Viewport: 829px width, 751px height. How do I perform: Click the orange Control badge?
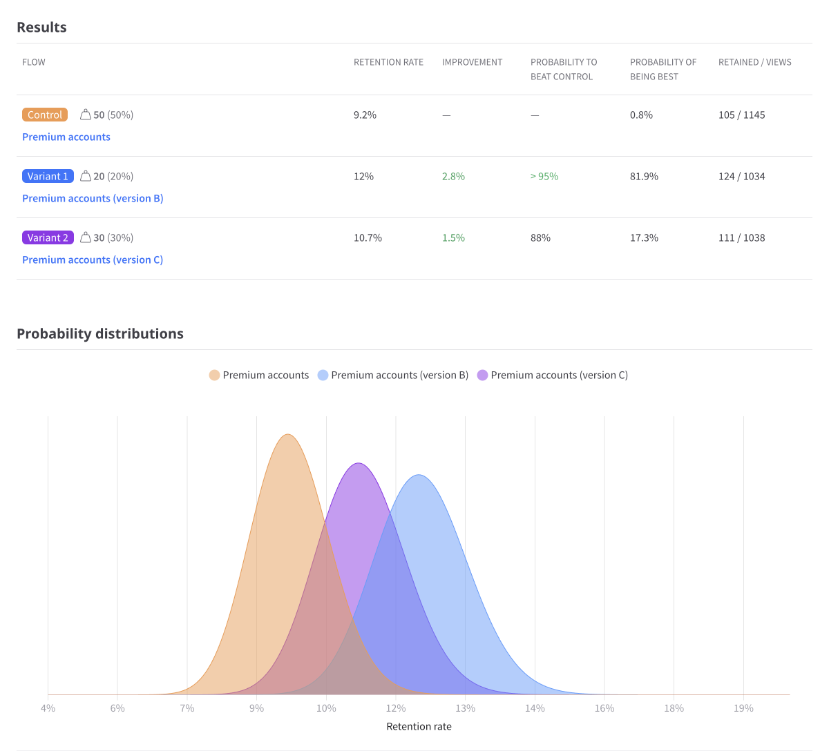pyautogui.click(x=45, y=115)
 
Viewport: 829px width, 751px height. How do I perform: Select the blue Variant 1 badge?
pyautogui.click(x=48, y=177)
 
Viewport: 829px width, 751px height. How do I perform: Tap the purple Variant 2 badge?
pyautogui.click(x=48, y=238)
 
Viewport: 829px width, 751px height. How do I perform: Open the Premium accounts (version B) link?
pyautogui.click(x=93, y=199)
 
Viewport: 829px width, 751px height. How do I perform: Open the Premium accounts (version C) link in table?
pyautogui.click(x=93, y=260)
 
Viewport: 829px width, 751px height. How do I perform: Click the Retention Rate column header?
pyautogui.click(x=388, y=62)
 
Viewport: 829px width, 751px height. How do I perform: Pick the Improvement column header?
pyautogui.click(x=472, y=62)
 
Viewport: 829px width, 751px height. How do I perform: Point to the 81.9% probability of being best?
pyautogui.click(x=644, y=177)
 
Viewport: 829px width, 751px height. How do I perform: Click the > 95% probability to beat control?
pyautogui.click(x=544, y=177)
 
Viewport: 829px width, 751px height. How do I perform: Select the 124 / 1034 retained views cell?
pyautogui.click(x=741, y=177)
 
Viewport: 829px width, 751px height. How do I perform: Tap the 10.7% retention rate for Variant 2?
pyautogui.click(x=368, y=238)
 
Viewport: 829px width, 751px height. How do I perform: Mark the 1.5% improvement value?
pyautogui.click(x=453, y=238)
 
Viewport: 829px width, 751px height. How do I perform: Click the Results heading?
pyautogui.click(x=41, y=28)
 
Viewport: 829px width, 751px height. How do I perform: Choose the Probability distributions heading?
pyautogui.click(x=100, y=334)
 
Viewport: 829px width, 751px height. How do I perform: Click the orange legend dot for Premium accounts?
pyautogui.click(x=214, y=375)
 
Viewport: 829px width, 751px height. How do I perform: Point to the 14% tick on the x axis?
pyautogui.click(x=535, y=708)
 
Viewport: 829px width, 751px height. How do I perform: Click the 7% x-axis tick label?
pyautogui.click(x=187, y=708)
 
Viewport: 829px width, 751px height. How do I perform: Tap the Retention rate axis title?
pyautogui.click(x=419, y=726)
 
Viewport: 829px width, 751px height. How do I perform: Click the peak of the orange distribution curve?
pyautogui.click(x=287, y=435)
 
